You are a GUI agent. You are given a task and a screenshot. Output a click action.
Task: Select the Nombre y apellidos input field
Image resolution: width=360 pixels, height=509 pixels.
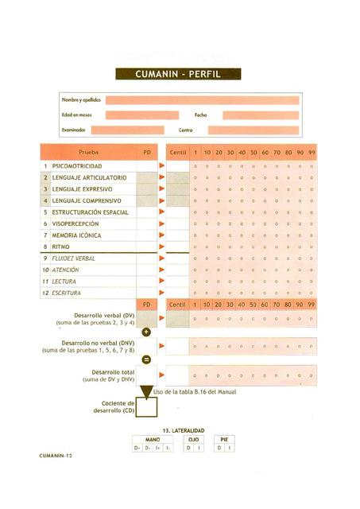tap(202, 100)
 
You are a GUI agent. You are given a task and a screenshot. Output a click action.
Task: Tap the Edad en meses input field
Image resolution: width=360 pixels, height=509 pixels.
tap(141, 115)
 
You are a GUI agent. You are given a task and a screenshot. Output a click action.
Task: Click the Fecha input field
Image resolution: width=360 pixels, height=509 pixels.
tap(260, 115)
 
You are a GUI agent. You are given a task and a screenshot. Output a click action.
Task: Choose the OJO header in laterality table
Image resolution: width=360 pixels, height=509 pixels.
tap(192, 439)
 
